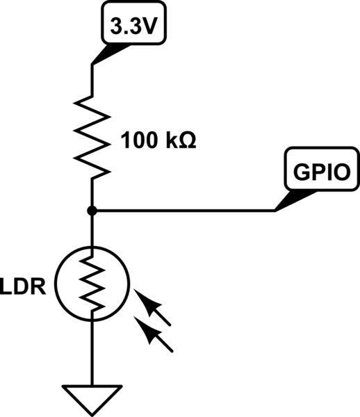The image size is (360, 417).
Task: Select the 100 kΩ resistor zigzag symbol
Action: [92, 136]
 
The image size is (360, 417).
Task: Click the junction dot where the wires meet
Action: [92, 210]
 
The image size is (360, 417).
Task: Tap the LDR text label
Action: [24, 288]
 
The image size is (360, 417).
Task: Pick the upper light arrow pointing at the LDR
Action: [156, 309]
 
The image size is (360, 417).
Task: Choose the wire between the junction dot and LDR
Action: [92, 229]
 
